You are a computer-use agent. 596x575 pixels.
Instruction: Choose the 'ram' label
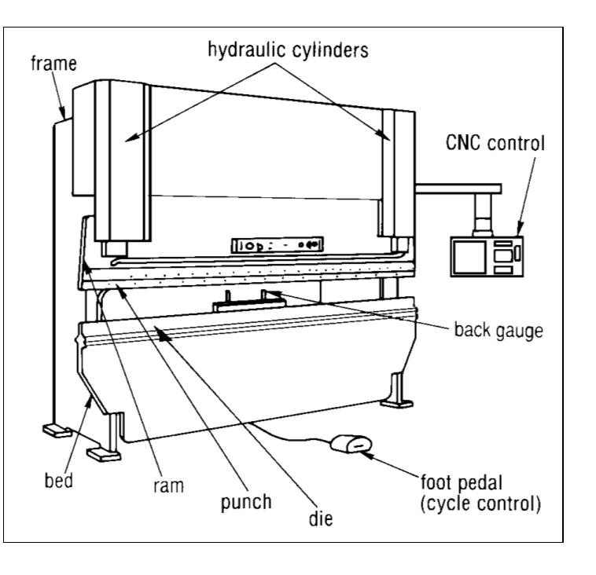pos(167,486)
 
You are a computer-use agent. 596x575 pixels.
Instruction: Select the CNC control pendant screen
pos(469,255)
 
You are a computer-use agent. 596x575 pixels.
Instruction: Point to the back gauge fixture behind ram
pos(244,299)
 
